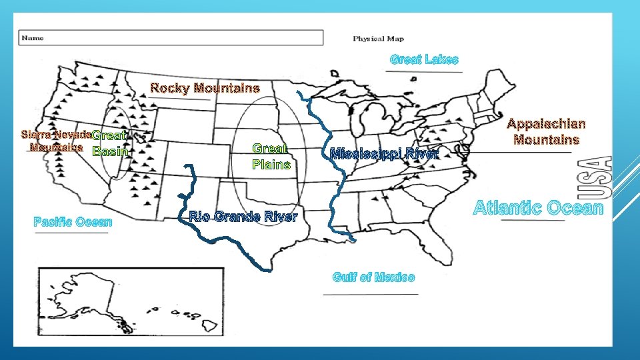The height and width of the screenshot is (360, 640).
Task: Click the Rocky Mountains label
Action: tap(205, 88)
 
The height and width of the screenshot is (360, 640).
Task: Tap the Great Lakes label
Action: tap(424, 59)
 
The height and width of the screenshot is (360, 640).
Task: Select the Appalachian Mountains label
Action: tap(546, 131)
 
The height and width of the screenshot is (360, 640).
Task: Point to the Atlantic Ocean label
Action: tap(537, 209)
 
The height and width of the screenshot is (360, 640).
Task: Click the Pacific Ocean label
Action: tap(73, 221)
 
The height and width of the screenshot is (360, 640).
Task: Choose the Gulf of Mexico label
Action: tap(373, 277)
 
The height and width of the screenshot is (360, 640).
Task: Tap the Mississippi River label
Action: tap(385, 154)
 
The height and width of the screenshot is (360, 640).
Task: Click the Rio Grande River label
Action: tap(243, 217)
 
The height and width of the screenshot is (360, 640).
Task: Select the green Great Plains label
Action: tap(271, 157)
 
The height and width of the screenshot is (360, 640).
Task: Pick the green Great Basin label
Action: tap(110, 144)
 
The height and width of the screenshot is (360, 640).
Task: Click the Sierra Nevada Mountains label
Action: tap(57, 140)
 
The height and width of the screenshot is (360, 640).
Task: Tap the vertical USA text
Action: tap(602, 177)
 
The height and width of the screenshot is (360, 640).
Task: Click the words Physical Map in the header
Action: tap(377, 39)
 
